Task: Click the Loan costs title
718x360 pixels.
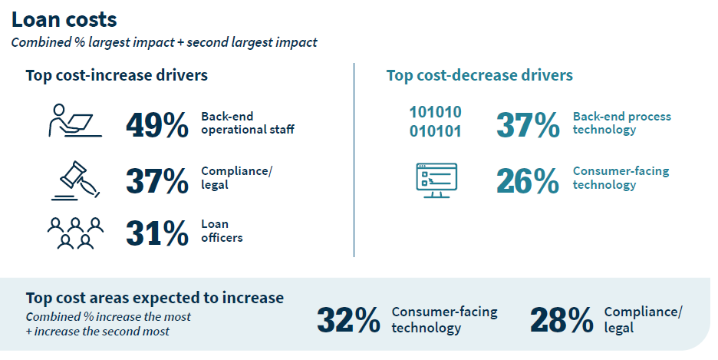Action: pos(65,19)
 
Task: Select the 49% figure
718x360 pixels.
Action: pos(157,127)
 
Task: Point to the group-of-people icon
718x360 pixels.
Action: pos(74,233)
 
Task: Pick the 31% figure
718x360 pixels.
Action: pos(157,233)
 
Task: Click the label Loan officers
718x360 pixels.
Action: pos(222,231)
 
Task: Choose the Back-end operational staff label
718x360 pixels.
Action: pos(248,123)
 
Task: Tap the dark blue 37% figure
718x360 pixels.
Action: pos(157,180)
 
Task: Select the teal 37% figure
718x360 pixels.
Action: pos(528,125)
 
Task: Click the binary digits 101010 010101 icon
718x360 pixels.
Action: pos(435,121)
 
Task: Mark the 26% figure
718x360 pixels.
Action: pos(528,180)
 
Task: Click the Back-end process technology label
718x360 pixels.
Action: pos(621,123)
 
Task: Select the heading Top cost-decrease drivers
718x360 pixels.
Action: pos(479,75)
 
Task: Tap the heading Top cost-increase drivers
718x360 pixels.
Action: pos(117,75)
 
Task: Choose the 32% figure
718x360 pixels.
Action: pos(347,320)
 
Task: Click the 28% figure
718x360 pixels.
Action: pos(561,320)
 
